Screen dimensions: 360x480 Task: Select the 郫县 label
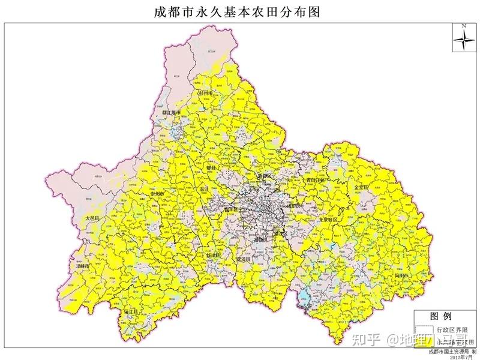click(x=211, y=169)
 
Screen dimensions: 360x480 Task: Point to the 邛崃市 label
click(x=79, y=265)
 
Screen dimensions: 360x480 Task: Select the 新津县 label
click(x=213, y=255)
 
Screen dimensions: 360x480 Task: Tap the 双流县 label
click(x=245, y=259)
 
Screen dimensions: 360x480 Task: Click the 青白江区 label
click(x=314, y=179)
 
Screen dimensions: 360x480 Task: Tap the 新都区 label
click(x=264, y=175)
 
